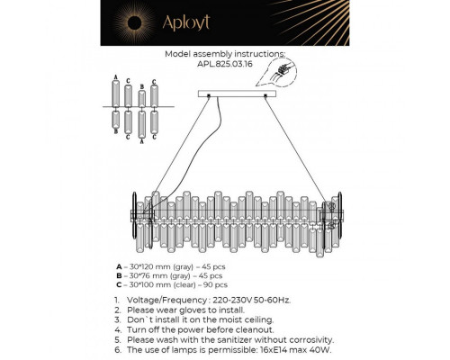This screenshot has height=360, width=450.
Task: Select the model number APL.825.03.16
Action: tap(225, 63)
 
